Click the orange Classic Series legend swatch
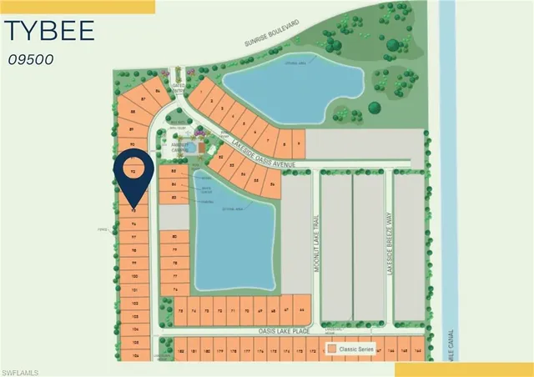(x=332, y=348)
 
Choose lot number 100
(x=133, y=274)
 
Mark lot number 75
(x=182, y=310)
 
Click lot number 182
(x=182, y=352)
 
